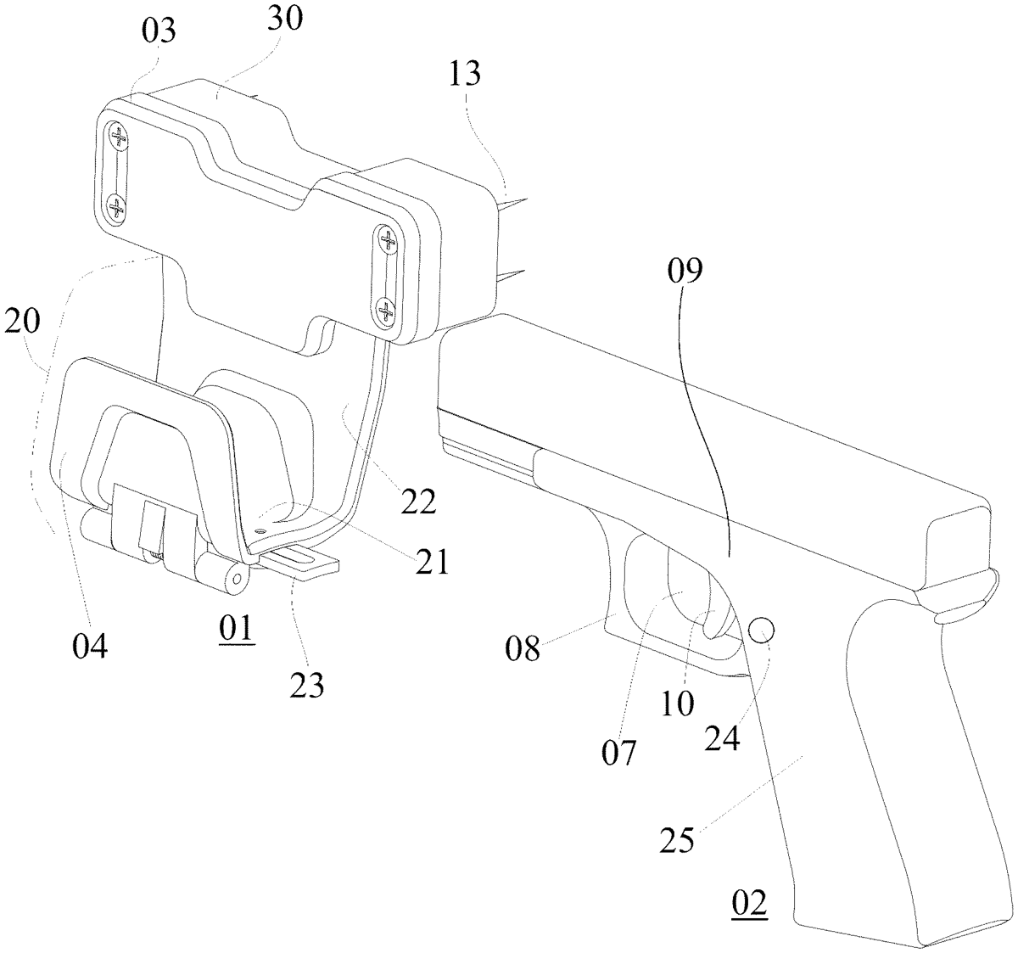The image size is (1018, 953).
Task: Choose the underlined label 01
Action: [x=236, y=630]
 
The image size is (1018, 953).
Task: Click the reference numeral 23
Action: [x=307, y=686]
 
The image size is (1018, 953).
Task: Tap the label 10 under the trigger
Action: [x=680, y=703]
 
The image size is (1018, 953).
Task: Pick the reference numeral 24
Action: [x=723, y=737]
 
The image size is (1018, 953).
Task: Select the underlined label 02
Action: [x=749, y=902]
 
